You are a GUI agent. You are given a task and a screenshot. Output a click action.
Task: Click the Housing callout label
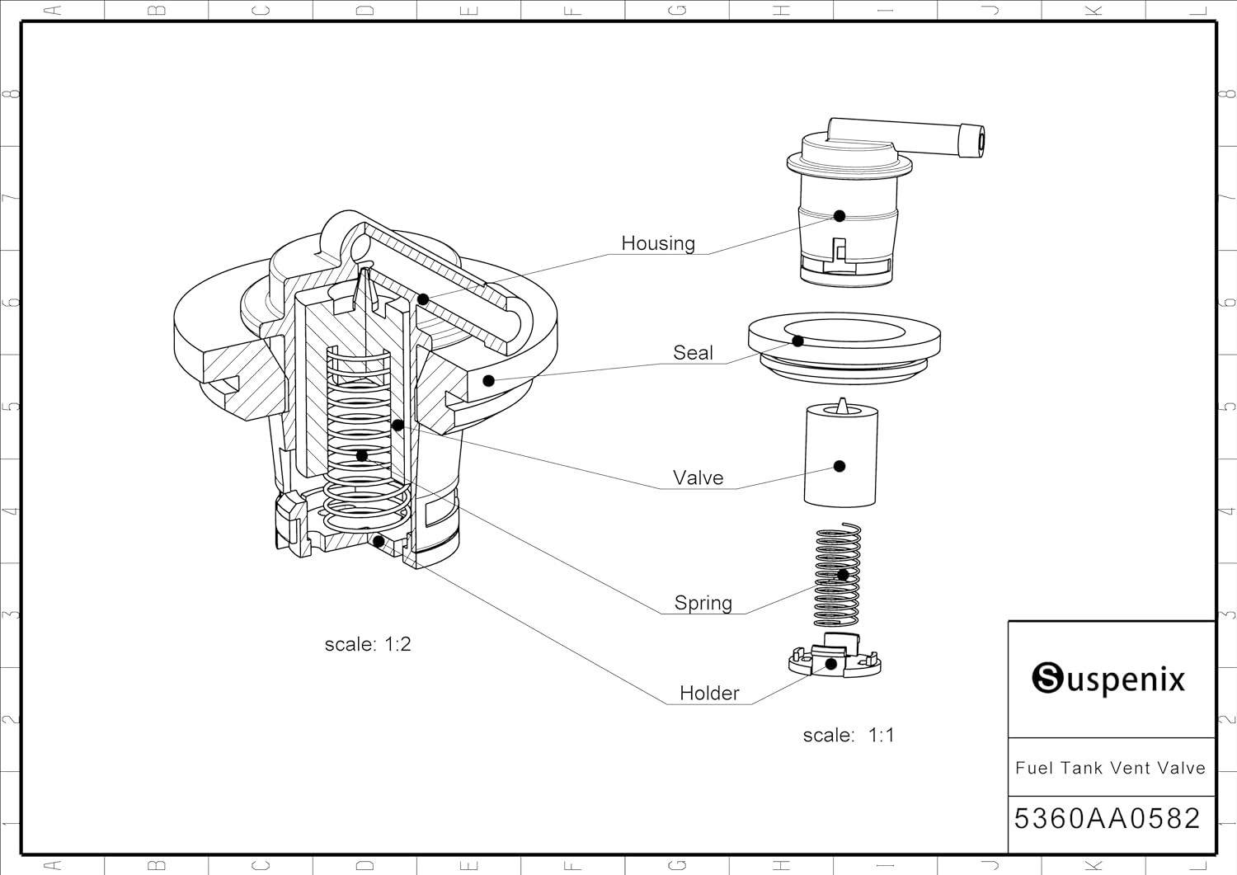click(x=658, y=243)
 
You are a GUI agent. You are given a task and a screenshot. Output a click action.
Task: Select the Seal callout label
click(x=693, y=353)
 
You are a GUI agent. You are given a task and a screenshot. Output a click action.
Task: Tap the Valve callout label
click(x=698, y=478)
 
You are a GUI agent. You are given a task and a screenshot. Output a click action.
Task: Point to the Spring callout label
click(x=703, y=603)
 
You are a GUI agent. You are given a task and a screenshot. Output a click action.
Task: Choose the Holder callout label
click(x=709, y=694)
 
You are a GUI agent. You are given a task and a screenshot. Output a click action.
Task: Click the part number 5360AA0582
click(x=1107, y=819)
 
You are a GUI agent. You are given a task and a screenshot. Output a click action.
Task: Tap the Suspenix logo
click(x=1108, y=680)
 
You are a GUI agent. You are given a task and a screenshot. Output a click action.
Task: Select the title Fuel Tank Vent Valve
click(x=1110, y=769)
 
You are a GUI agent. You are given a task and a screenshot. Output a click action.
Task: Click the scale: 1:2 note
click(x=368, y=644)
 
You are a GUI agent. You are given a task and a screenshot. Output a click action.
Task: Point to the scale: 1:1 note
click(x=849, y=735)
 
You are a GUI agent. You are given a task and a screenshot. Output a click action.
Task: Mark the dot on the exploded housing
click(x=840, y=216)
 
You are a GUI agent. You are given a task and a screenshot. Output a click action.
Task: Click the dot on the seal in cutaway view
click(x=488, y=380)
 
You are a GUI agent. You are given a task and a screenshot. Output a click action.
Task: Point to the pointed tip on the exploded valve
click(x=841, y=403)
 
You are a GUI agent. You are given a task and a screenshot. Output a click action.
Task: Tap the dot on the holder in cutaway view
click(x=379, y=541)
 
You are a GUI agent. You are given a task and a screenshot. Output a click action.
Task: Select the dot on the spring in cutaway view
click(x=361, y=455)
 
